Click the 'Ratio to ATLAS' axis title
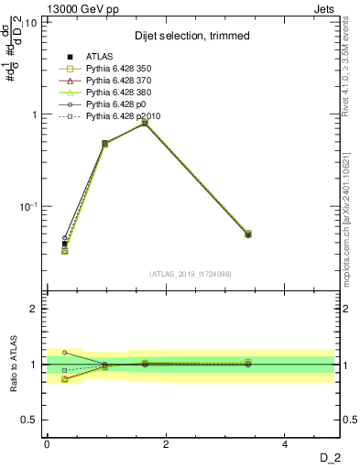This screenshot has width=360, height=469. tap(16, 365)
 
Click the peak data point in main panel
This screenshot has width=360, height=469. tap(145, 122)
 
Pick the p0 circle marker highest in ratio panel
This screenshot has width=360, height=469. tap(64, 352)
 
